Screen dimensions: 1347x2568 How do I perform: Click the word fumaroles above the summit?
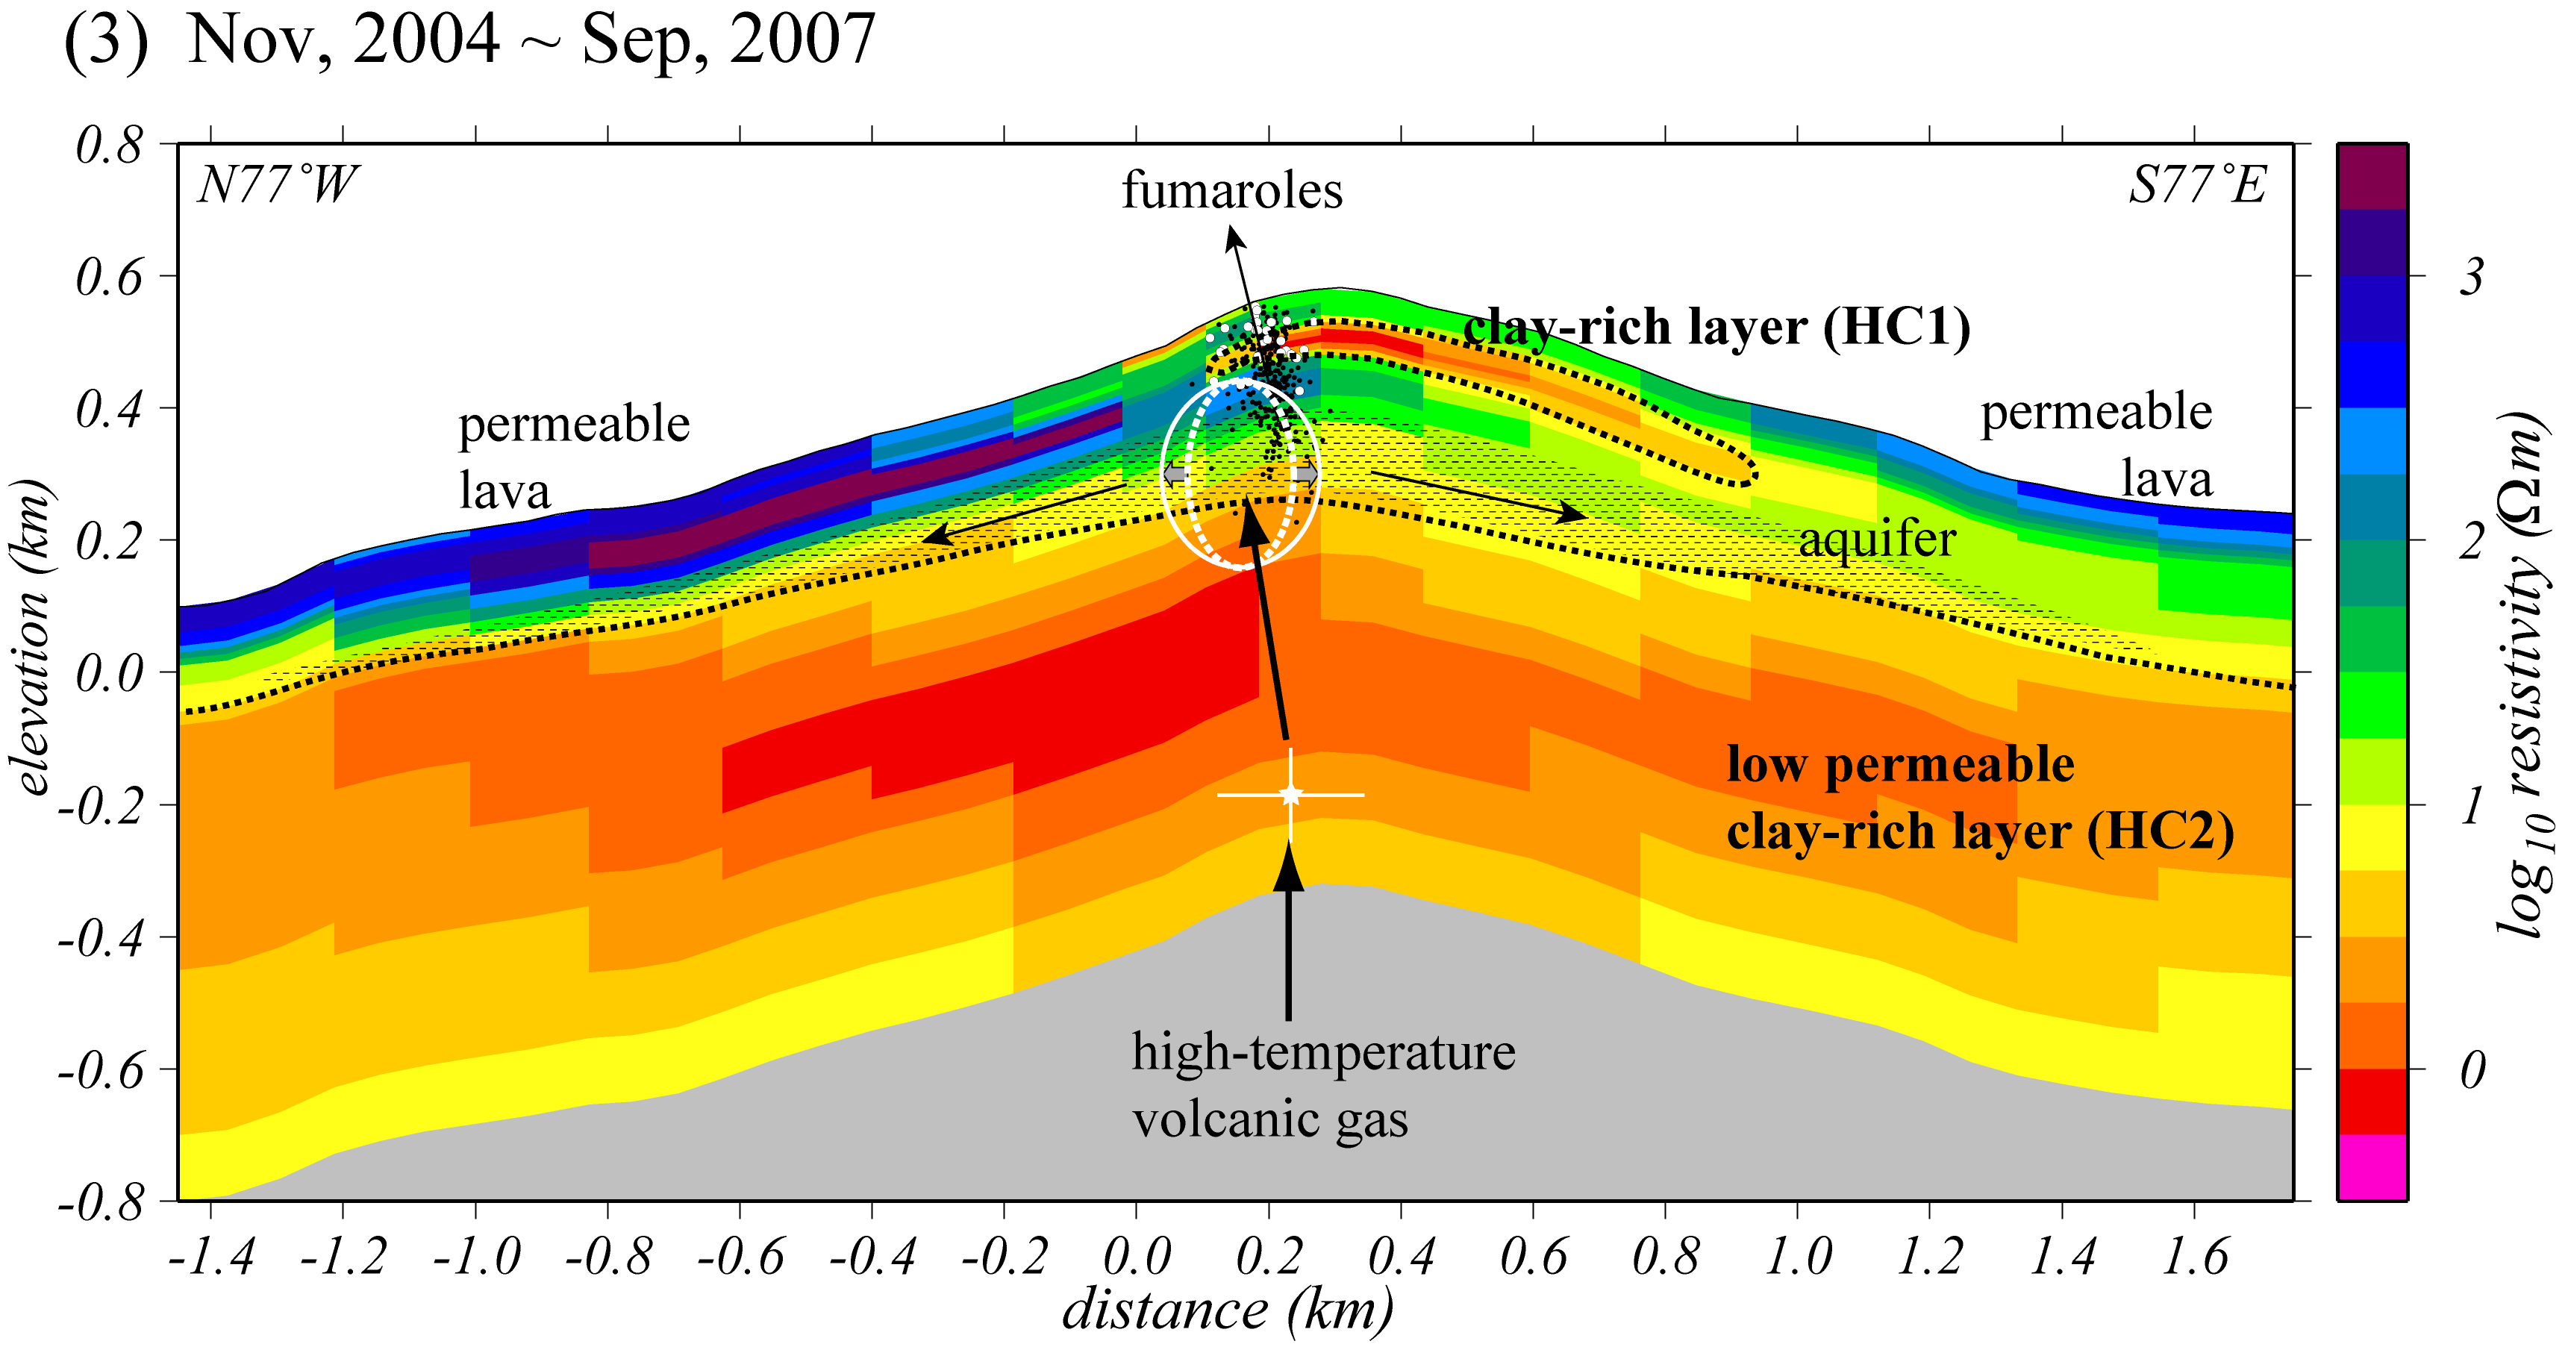coord(1231,190)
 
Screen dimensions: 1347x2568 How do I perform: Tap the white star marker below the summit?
coord(1291,795)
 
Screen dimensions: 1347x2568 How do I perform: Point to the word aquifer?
coord(1877,540)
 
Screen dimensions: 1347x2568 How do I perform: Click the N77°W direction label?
coord(276,186)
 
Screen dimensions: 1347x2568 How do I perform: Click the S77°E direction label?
coord(2197,186)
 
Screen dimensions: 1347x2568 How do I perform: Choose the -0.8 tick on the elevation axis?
coord(101,1202)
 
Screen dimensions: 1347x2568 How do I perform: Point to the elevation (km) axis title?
coord(32,638)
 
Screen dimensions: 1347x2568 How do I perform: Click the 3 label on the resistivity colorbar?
coord(2470,276)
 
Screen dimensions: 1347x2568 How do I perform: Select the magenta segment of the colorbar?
coord(2372,1166)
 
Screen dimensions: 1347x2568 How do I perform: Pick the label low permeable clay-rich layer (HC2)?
coord(1979,798)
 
